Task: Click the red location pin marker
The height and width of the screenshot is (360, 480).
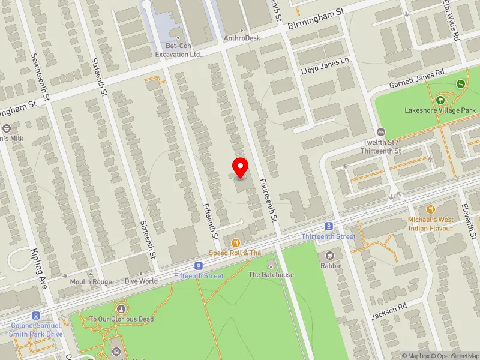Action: tap(241, 167)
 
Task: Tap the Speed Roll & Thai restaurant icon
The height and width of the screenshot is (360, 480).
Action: tap(236, 243)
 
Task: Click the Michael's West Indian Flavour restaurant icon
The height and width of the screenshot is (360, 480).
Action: tap(430, 209)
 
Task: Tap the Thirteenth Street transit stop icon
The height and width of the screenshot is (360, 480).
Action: tap(328, 226)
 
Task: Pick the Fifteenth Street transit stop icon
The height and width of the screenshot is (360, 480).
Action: tap(198, 266)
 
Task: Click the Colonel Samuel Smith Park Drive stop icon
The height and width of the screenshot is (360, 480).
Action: tap(36, 316)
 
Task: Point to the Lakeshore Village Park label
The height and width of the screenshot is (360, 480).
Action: tap(440, 110)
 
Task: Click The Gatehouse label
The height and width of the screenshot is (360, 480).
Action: tap(271, 275)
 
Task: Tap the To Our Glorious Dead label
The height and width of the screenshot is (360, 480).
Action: tap(121, 319)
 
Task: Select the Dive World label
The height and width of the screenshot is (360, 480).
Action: tap(141, 281)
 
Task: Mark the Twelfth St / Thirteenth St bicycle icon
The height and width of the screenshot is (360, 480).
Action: tap(380, 132)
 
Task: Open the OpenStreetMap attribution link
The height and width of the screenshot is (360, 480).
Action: tap(454, 355)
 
